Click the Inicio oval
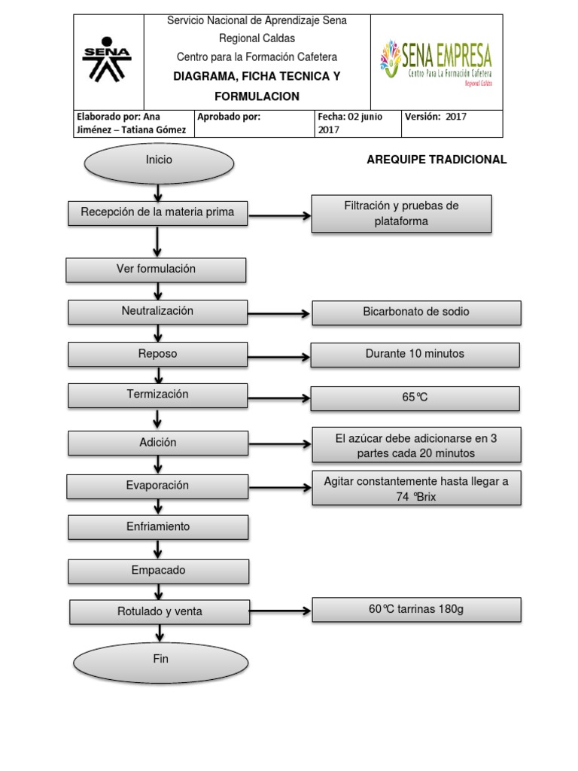tap(159, 163)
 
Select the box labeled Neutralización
tap(157, 312)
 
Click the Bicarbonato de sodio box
tap(416, 312)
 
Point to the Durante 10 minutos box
tap(415, 355)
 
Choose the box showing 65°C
tap(415, 398)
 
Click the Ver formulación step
tap(156, 270)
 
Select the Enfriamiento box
tap(158, 527)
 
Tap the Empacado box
tap(158, 571)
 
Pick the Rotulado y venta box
tap(160, 612)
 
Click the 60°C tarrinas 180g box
tap(416, 610)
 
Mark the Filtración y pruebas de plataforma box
tap(401, 214)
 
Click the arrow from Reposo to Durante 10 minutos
tap(278, 355)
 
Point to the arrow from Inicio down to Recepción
tap(158, 193)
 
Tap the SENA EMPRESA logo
tap(436, 62)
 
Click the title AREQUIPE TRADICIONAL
tap(437, 160)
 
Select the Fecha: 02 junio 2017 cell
tap(357, 123)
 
